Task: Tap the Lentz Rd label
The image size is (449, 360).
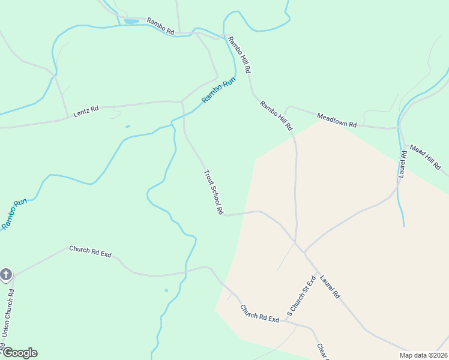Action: click(86, 112)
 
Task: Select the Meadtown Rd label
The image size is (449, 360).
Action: click(337, 120)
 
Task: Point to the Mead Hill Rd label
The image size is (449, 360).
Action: click(425, 156)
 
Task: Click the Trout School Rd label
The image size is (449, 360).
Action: click(214, 193)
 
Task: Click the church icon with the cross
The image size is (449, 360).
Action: click(6, 275)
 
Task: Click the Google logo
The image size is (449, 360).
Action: click(19, 353)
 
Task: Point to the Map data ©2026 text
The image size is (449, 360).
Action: click(424, 355)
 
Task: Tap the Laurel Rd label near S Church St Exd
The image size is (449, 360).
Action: click(330, 287)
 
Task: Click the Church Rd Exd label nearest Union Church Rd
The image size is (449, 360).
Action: click(90, 251)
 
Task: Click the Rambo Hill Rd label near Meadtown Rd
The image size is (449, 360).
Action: click(276, 116)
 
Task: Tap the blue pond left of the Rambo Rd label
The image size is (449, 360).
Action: click(131, 22)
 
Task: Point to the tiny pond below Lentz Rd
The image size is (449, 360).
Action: click(127, 127)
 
